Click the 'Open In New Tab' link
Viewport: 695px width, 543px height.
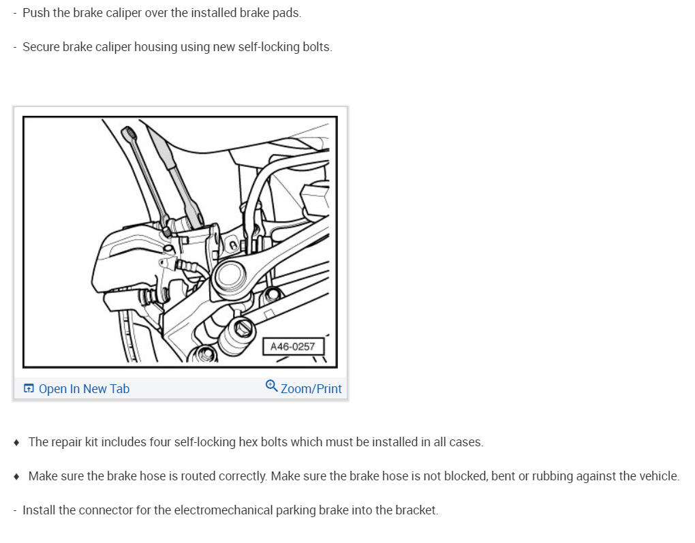[84, 389]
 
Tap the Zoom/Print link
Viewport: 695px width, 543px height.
[311, 389]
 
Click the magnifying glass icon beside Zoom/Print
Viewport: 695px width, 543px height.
[271, 386]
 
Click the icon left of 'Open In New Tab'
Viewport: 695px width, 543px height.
[29, 388]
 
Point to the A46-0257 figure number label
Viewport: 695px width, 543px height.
[292, 347]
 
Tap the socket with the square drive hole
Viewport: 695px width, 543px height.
[237, 336]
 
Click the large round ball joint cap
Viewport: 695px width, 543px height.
[230, 275]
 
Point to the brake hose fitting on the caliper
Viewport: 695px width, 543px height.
[186, 266]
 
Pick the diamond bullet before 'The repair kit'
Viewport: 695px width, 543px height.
[16, 442]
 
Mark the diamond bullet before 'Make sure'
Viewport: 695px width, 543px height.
[16, 476]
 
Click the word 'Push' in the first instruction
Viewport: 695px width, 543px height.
[36, 13]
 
